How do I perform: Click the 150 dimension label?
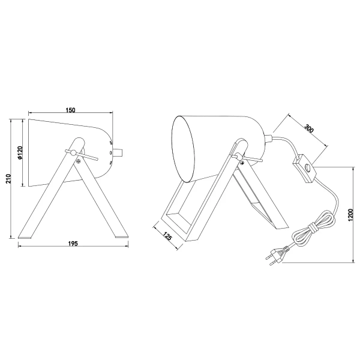pyautogui.click(x=71, y=110)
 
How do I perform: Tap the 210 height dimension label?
pyautogui.click(x=8, y=179)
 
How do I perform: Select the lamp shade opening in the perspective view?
pyautogui.click(x=186, y=147)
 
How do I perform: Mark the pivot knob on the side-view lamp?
pyautogui.click(x=74, y=154)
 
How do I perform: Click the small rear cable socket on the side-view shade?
pyautogui.click(x=120, y=152)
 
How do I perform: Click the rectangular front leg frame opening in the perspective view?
pyautogui.click(x=182, y=204)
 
